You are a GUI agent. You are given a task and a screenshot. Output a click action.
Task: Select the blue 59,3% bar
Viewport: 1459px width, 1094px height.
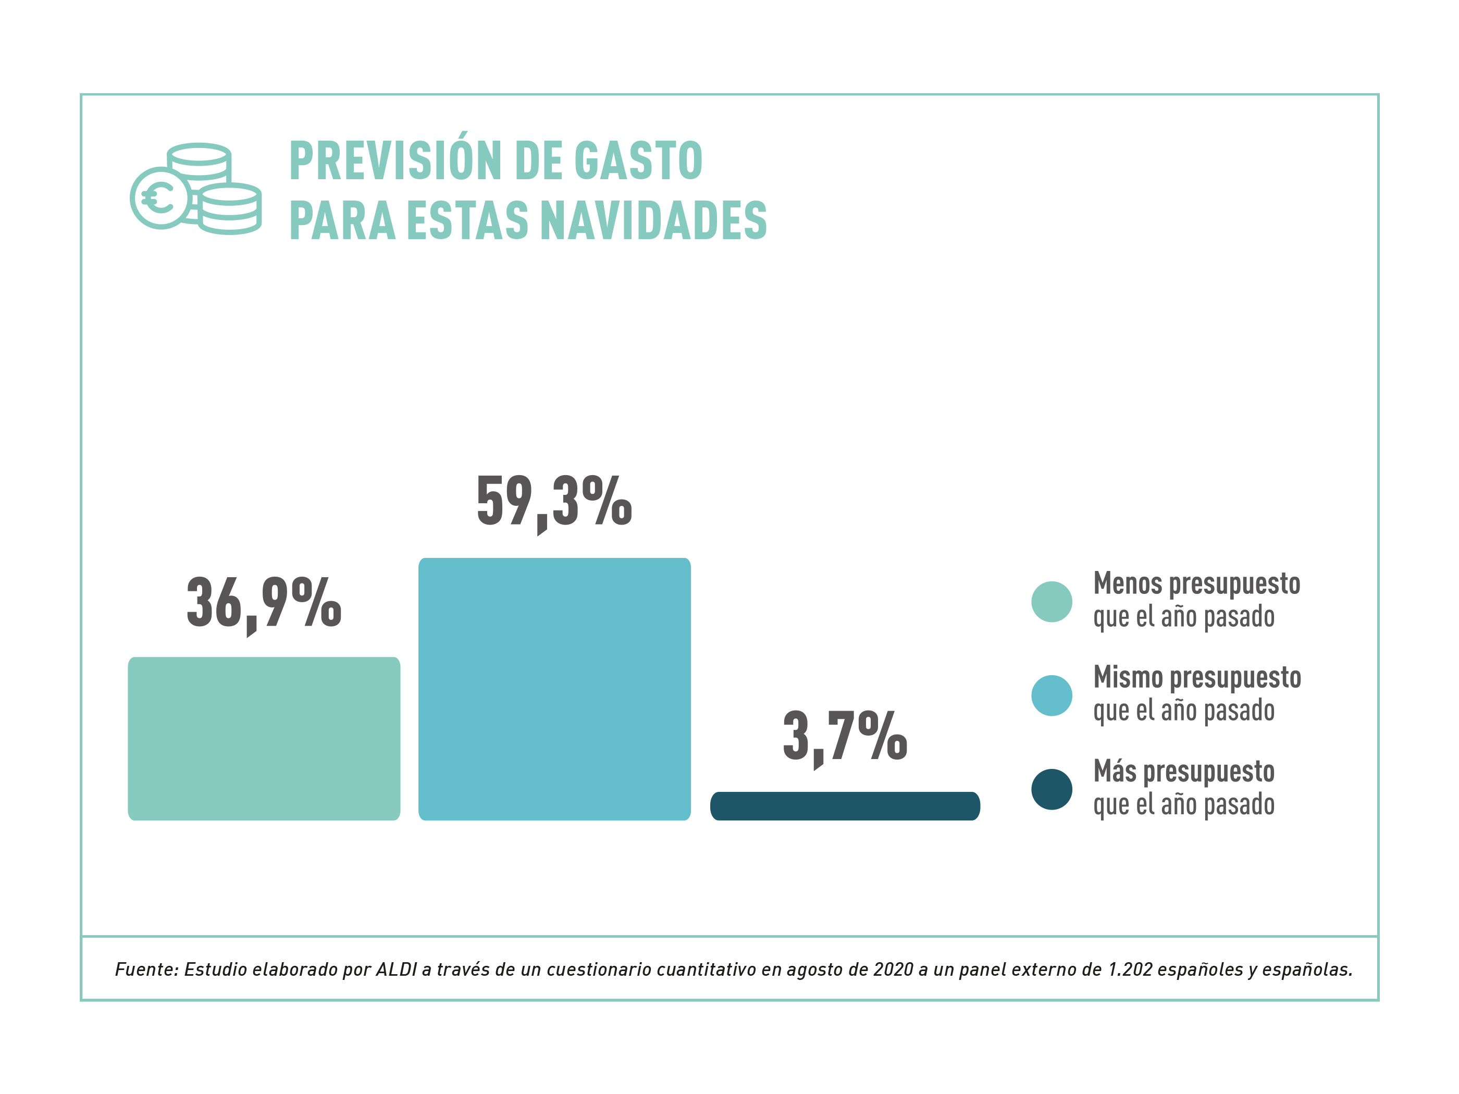point(554,689)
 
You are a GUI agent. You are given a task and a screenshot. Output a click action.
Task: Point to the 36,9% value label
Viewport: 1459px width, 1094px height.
point(264,603)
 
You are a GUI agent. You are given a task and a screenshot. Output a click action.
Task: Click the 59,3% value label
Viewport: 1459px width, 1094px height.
point(554,503)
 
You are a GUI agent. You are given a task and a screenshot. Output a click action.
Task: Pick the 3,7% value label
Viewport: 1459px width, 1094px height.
point(845,737)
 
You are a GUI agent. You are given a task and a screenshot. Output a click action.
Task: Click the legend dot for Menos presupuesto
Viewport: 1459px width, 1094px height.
point(1052,601)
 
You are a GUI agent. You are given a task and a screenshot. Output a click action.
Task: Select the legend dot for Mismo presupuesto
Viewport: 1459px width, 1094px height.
point(1052,695)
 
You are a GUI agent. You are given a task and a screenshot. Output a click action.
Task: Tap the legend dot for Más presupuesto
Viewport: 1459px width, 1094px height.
point(1052,789)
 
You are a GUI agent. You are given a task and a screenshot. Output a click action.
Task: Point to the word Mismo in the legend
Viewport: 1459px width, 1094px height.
point(1128,677)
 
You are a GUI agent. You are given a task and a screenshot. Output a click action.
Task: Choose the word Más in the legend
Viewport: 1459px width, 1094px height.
point(1114,771)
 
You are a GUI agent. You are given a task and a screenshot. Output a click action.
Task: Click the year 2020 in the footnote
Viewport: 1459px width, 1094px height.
point(893,969)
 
